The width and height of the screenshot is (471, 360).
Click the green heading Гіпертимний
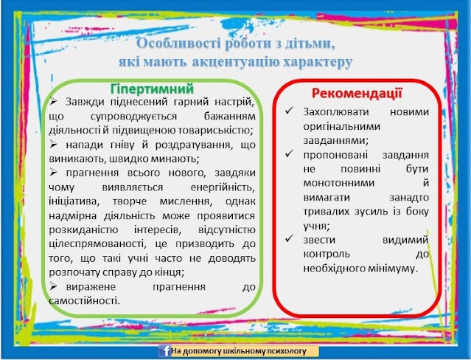(x=152, y=89)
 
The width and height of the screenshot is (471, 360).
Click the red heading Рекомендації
(x=357, y=93)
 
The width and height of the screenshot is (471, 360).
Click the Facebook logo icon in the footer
(x=164, y=350)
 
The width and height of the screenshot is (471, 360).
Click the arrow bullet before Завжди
(x=54, y=101)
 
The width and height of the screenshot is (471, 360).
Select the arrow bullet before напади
(x=54, y=145)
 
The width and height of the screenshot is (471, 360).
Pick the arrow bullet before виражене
(x=54, y=286)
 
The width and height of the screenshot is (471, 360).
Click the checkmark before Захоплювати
(x=289, y=111)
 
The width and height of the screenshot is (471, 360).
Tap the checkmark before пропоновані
(x=289, y=154)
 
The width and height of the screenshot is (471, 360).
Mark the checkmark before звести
(x=289, y=239)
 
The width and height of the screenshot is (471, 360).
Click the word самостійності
(x=84, y=300)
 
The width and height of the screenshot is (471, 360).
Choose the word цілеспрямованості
(x=97, y=244)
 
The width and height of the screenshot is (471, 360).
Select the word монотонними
(x=339, y=183)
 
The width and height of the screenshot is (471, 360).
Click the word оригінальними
(x=342, y=127)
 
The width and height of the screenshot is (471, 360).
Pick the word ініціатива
(x=74, y=201)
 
